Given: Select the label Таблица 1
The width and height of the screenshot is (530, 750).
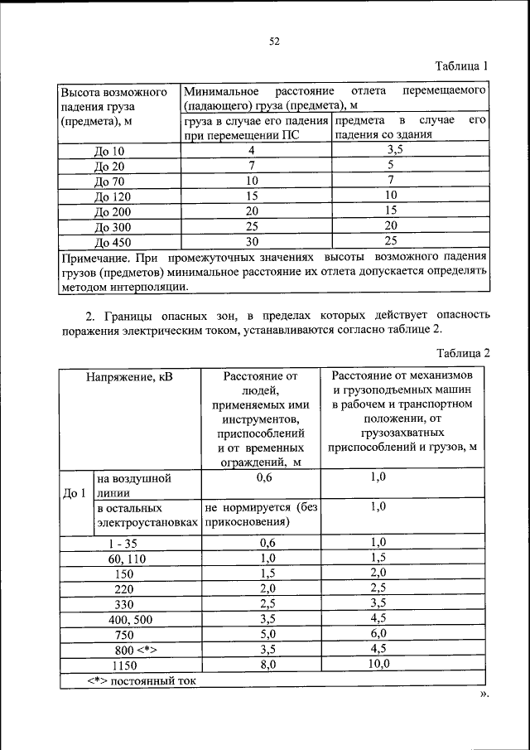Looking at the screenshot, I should coord(463,65).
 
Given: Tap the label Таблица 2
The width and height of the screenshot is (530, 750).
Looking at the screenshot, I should coord(463,352).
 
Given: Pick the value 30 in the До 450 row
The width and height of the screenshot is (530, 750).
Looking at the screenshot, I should coord(252,241).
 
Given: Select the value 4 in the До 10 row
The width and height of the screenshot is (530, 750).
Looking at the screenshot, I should coord(252,151).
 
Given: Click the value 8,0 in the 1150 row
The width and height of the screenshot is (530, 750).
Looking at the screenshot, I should coord(266,664).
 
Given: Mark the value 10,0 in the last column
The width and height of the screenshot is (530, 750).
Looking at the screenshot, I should coord(378,663).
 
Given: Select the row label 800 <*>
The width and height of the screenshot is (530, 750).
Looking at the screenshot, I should coord(130,649).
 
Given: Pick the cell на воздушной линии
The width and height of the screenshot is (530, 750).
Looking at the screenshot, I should coord(133,485).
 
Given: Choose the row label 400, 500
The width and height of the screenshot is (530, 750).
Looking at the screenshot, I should coord(130,619).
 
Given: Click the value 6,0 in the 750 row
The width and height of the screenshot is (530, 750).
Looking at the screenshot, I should coord(378,633).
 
